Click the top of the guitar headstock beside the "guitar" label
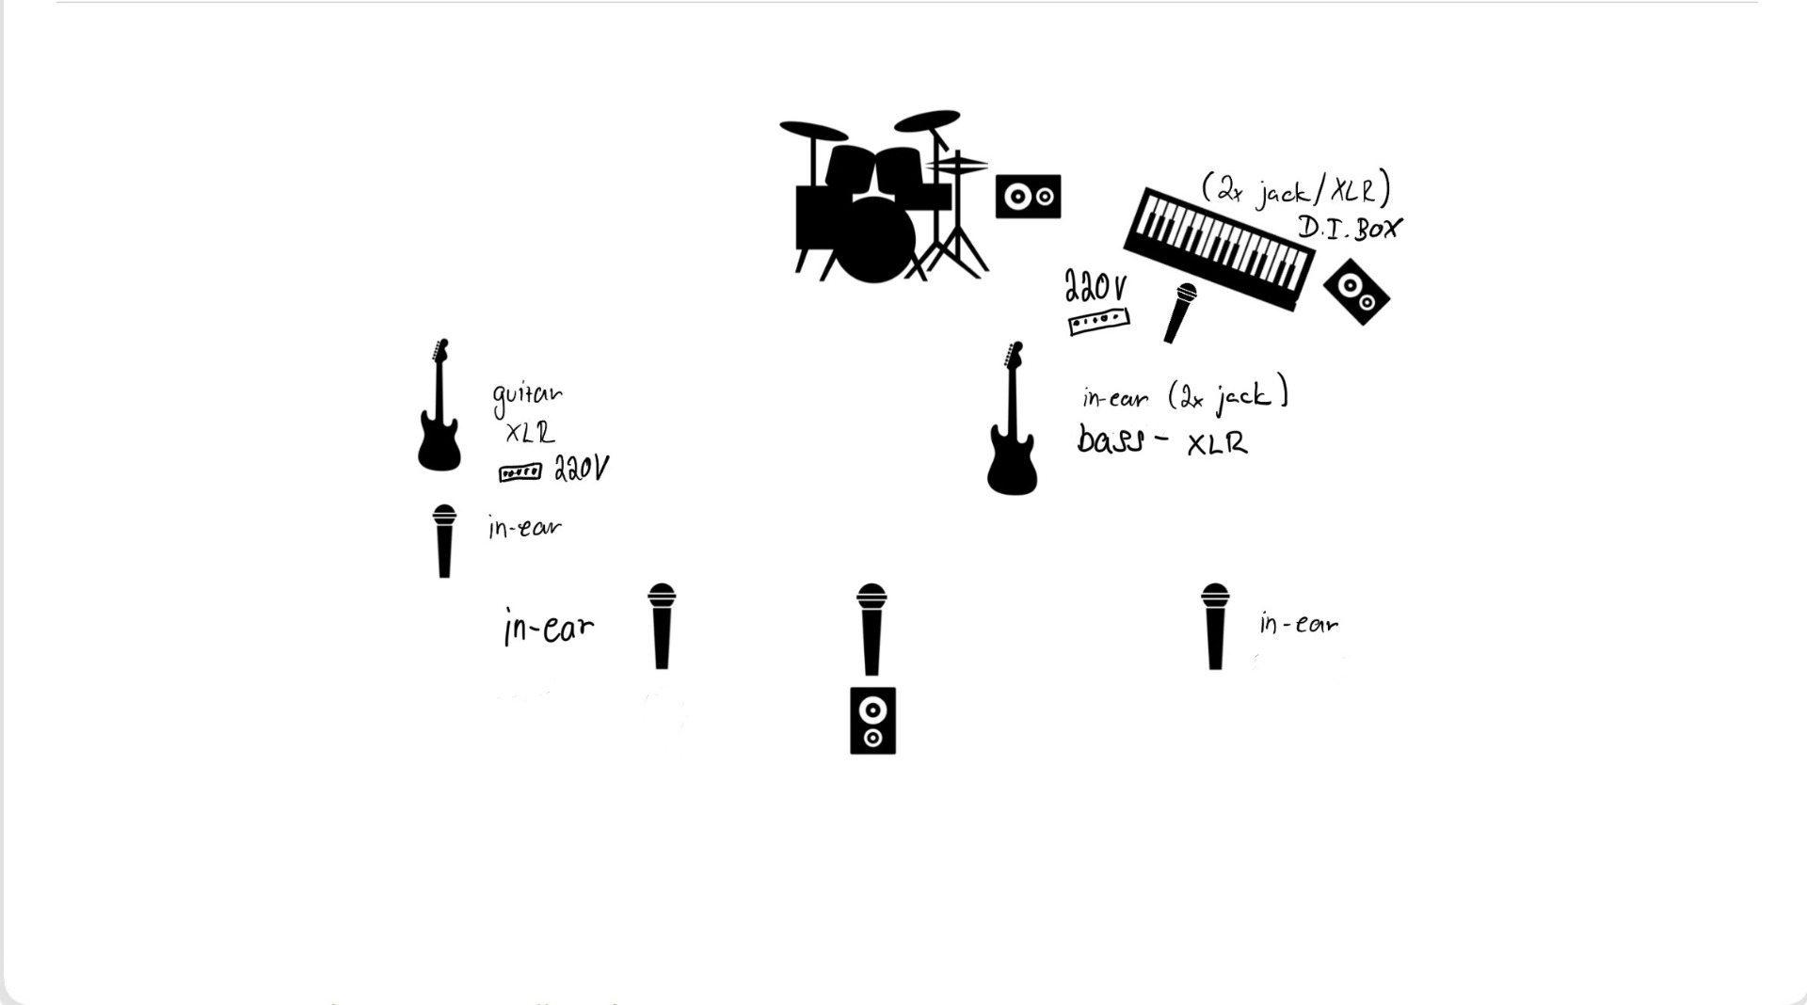(442, 341)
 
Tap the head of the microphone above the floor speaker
(872, 597)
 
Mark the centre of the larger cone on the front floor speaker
(872, 710)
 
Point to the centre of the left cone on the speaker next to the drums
(1016, 197)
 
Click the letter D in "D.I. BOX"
(1308, 226)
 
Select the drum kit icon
(884, 196)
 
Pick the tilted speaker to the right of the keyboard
(1356, 292)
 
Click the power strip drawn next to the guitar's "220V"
(520, 471)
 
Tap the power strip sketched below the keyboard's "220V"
(1098, 322)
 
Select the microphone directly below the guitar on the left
(444, 541)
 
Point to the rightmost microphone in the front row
(1215, 627)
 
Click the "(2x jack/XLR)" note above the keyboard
(1296, 188)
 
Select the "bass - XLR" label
(1162, 440)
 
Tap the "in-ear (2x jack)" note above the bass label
(1185, 396)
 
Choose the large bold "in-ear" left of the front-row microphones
(549, 628)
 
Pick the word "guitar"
(527, 398)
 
